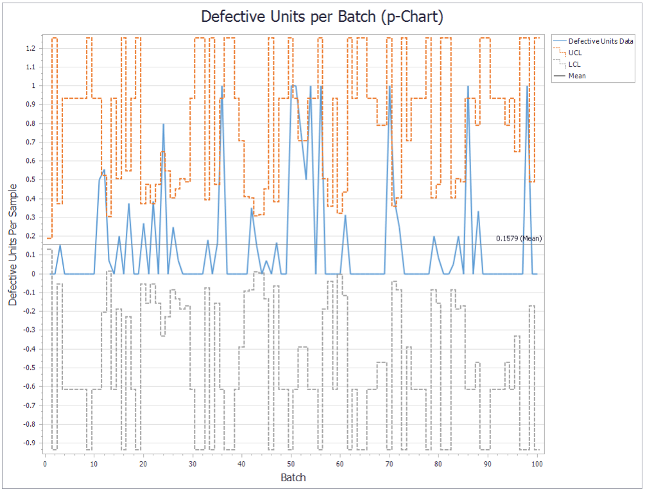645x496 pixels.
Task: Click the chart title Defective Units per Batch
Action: click(x=322, y=17)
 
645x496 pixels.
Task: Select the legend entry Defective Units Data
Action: click(x=601, y=41)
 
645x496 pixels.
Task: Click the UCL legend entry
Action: click(x=575, y=53)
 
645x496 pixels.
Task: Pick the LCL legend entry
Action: click(x=574, y=64)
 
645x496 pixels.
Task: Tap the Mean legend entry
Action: click(x=577, y=76)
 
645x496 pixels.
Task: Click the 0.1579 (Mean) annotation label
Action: click(x=519, y=239)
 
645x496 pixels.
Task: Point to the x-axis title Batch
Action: click(x=293, y=477)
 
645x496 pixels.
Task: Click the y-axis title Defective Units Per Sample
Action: click(x=13, y=244)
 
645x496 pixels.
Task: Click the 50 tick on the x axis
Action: click(x=291, y=463)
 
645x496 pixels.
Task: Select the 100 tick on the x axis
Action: click(x=537, y=463)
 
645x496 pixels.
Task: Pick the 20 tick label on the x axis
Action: click(x=143, y=463)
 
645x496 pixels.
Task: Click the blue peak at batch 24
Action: click(x=163, y=124)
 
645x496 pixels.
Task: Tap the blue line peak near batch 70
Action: click(x=390, y=86)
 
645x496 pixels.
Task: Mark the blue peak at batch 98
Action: click(x=527, y=86)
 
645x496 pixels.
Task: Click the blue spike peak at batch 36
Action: click(x=222, y=86)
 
